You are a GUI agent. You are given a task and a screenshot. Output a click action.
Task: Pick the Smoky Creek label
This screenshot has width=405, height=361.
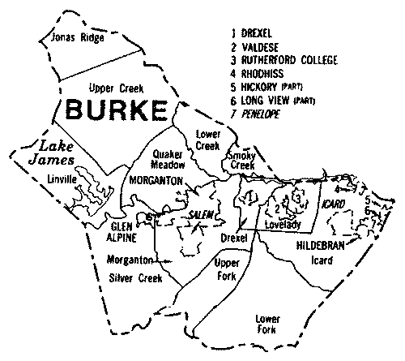(241, 159)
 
